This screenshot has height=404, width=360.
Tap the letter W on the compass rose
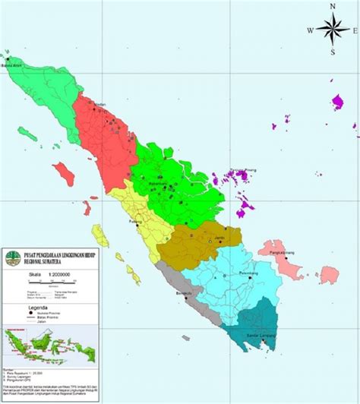[311, 30]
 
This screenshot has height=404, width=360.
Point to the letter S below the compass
[333, 52]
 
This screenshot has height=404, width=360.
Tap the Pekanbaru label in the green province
[157, 185]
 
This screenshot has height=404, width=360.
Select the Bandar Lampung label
[261, 335]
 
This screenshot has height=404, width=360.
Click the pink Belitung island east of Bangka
[328, 274]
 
